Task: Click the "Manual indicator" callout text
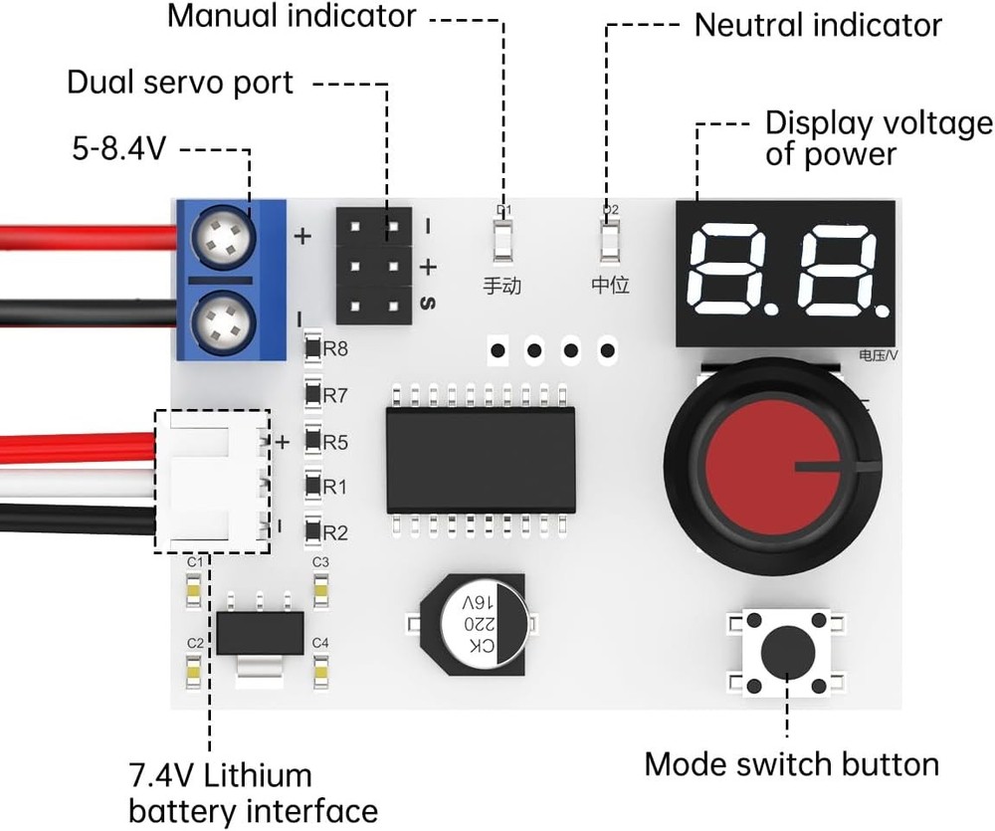[x=292, y=17]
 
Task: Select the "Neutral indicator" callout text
[x=817, y=25]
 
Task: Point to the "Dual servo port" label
[x=180, y=83]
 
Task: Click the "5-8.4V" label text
[x=118, y=149]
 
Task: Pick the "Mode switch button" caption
[x=791, y=764]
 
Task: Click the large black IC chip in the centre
[x=481, y=460]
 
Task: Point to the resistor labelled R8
[x=312, y=349]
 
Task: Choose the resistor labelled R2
[x=312, y=532]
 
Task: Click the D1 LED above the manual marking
[x=502, y=241]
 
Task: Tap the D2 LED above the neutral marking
[x=610, y=241]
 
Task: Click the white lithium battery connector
[x=212, y=482]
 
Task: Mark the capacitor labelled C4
[x=320, y=675]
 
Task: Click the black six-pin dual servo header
[x=373, y=266]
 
